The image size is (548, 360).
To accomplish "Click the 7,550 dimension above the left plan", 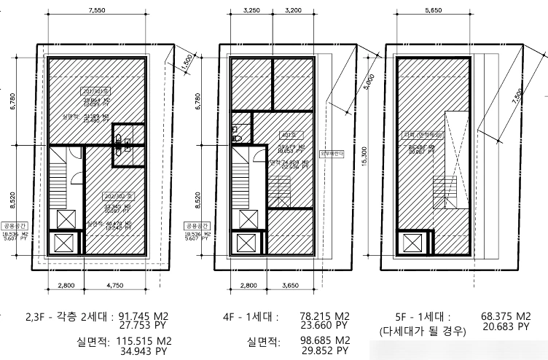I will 95,12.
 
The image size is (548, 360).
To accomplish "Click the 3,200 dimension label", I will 293,12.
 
